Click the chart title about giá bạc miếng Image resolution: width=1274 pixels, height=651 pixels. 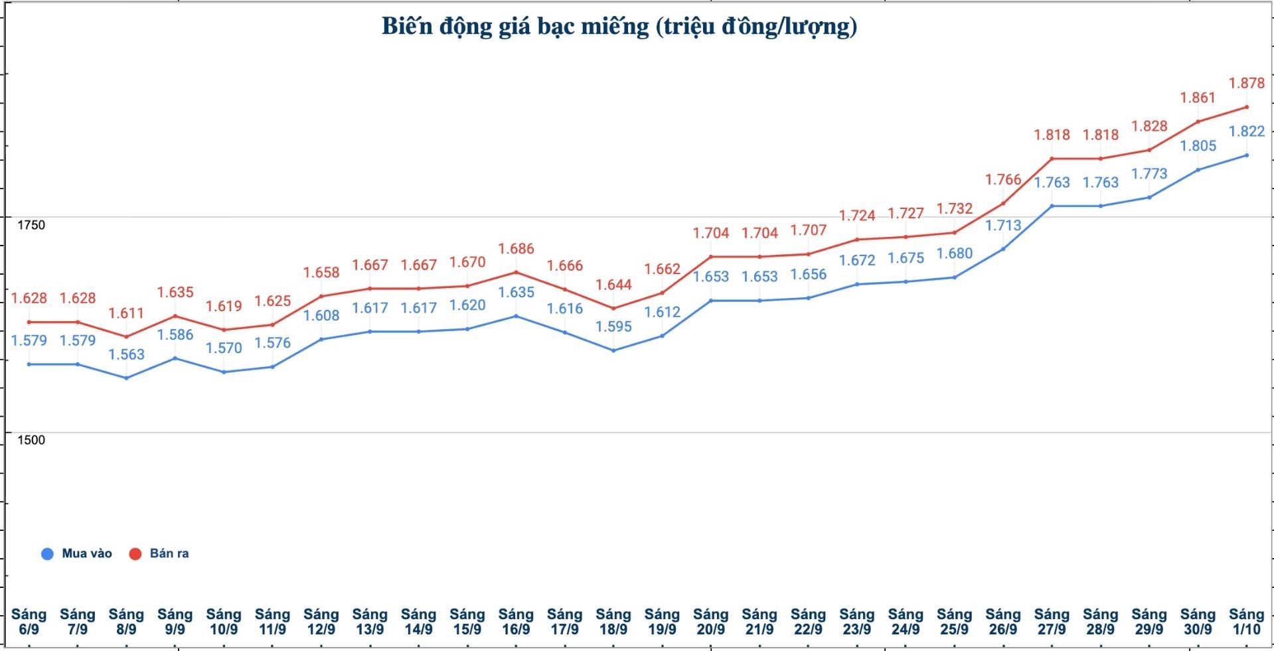[x=619, y=27]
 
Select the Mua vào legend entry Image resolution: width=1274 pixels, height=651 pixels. [x=76, y=553]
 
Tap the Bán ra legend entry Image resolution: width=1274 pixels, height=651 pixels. [x=159, y=553]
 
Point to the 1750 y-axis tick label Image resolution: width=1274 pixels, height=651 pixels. [x=31, y=225]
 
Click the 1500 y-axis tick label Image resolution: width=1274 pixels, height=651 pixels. [x=31, y=440]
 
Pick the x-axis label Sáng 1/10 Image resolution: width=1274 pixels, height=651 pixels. [x=1246, y=622]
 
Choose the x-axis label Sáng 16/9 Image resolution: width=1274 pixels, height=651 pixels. [x=516, y=622]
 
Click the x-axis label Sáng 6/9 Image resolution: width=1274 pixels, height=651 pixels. [x=29, y=622]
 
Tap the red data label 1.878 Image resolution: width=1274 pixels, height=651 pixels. [x=1247, y=83]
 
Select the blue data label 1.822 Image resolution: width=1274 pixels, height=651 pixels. [x=1247, y=131]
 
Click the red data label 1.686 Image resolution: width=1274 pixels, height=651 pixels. [x=516, y=249]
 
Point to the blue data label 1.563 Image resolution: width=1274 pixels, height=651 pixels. [x=126, y=354]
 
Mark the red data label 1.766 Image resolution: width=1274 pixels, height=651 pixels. [x=1003, y=180]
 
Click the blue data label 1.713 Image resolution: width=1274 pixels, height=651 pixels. [x=1003, y=226]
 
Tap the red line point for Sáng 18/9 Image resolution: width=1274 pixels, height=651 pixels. [x=613, y=308]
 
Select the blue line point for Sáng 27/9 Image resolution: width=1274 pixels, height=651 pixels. [x=1052, y=206]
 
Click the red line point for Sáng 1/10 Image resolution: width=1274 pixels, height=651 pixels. [x=1246, y=107]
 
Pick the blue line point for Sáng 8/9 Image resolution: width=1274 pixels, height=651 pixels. [x=126, y=378]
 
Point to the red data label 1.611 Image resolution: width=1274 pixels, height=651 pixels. [x=126, y=313]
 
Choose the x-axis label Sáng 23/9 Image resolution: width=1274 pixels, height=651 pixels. [x=856, y=622]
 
